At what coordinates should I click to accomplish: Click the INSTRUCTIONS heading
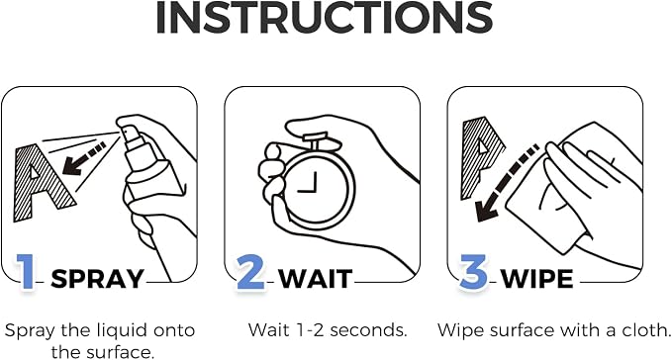(324, 17)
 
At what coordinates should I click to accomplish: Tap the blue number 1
(26, 271)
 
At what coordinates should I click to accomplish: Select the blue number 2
(250, 271)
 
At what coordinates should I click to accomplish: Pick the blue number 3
(474, 271)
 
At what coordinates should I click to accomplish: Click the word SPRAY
(97, 279)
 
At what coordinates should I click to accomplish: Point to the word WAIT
(316, 279)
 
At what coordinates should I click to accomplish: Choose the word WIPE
(537, 279)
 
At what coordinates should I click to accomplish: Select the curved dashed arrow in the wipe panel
(504, 185)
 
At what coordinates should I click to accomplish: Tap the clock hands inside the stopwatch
(310, 183)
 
